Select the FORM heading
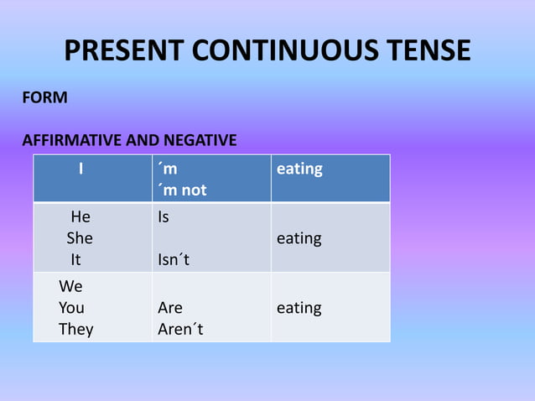coord(44,97)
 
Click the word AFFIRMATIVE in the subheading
coord(71,140)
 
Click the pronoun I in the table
coord(81,169)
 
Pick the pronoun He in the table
coord(81,217)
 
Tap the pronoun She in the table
coord(81,238)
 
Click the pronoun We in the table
coord(70,287)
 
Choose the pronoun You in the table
coord(71,308)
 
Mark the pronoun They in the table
coord(76,330)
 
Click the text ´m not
coord(182,190)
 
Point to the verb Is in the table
coord(164,217)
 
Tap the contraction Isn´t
coord(174,260)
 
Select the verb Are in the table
coord(170,308)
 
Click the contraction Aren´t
coord(180,330)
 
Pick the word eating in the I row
coord(299,169)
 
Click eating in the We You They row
coord(299,308)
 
